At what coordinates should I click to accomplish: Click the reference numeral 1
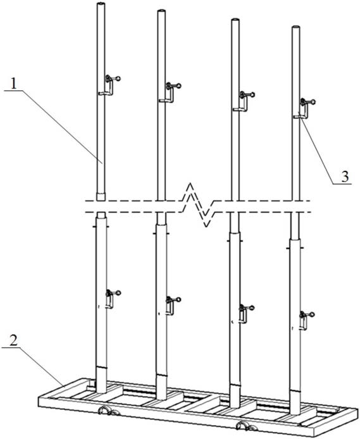point(14,83)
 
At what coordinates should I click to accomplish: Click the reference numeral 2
point(13,340)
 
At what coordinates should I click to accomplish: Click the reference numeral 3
point(345,176)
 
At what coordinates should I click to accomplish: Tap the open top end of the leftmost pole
point(101,4)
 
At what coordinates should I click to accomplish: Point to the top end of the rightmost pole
point(295,27)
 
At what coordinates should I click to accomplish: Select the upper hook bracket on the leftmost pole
point(109,85)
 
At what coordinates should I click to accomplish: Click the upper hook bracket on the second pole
point(170,92)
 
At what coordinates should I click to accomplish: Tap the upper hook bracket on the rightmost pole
point(304,108)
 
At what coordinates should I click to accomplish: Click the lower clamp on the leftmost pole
point(111,299)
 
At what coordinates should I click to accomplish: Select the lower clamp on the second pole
point(172,306)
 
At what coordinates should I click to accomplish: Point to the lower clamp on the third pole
point(245,314)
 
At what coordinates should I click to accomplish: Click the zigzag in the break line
point(199,205)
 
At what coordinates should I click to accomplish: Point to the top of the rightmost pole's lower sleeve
point(295,240)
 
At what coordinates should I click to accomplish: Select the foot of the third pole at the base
point(235,405)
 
